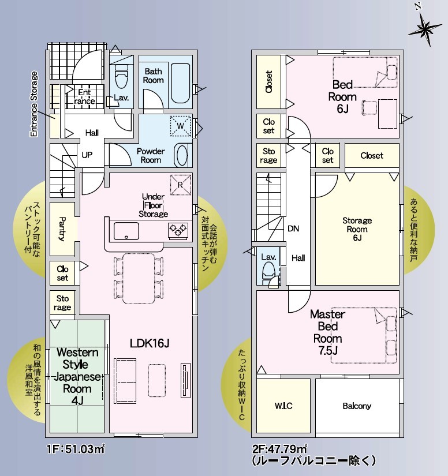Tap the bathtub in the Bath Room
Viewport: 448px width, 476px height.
click(181, 83)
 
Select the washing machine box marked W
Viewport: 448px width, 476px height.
click(181, 126)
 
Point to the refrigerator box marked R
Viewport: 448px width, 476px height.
click(181, 185)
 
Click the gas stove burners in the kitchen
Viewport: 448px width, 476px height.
click(178, 230)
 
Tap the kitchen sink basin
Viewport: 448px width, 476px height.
click(126, 231)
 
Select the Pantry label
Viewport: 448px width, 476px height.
click(62, 228)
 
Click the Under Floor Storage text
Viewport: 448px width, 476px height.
click(154, 205)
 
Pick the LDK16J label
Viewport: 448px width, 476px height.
click(150, 343)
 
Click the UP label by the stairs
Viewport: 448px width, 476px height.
click(87, 155)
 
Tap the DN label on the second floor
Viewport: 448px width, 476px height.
click(293, 228)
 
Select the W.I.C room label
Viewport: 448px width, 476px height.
click(283, 406)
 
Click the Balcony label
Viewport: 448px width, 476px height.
click(357, 406)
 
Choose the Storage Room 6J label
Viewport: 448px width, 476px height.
click(357, 229)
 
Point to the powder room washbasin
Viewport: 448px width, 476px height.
click(182, 155)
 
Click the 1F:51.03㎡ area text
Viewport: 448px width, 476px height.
click(76, 448)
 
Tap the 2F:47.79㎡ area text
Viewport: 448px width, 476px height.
click(280, 448)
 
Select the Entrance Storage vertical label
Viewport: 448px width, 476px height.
click(33, 104)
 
